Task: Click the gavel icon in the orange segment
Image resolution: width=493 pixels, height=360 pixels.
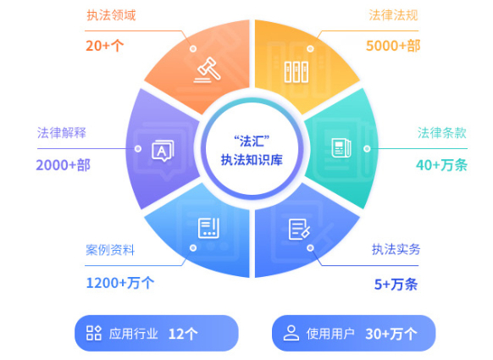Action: pyautogui.click(x=207, y=70)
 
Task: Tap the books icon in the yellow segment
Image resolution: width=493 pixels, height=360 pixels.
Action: pyautogui.click(x=296, y=72)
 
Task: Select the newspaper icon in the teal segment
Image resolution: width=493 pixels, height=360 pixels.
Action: pyautogui.click(x=341, y=147)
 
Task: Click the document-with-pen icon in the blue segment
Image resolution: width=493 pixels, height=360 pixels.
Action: pyautogui.click(x=299, y=230)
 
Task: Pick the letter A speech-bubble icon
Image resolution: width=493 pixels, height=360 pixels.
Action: pyautogui.click(x=163, y=151)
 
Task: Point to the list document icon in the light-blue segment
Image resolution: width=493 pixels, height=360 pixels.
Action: pyautogui.click(x=208, y=228)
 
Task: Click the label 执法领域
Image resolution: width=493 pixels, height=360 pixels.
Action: pyautogui.click(x=111, y=15)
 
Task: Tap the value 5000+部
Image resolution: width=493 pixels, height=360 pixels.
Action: pyautogui.click(x=393, y=46)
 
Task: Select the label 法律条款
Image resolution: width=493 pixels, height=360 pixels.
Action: pyautogui.click(x=441, y=133)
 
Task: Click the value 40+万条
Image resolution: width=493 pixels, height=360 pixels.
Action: pyautogui.click(x=441, y=165)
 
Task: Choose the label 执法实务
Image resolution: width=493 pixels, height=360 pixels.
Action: pyautogui.click(x=396, y=249)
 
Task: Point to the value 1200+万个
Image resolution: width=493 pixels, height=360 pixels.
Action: pyautogui.click(x=120, y=283)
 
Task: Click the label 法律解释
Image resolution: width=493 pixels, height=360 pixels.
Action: pyautogui.click(x=62, y=133)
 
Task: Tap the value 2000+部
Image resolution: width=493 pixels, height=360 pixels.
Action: pyautogui.click(x=64, y=165)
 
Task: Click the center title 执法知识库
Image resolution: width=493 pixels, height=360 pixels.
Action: pyautogui.click(x=252, y=160)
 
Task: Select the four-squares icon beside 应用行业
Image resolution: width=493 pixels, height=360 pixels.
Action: pyautogui.click(x=94, y=333)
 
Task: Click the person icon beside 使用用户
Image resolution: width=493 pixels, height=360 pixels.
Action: pyautogui.click(x=291, y=333)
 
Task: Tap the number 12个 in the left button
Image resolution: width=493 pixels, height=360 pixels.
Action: pyautogui.click(x=183, y=334)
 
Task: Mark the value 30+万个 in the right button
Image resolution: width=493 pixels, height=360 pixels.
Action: pyautogui.click(x=391, y=334)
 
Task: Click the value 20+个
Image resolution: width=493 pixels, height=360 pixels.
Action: pyautogui.click(x=105, y=46)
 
